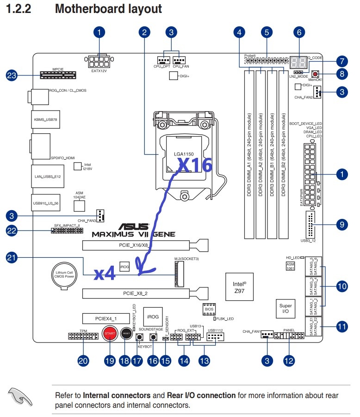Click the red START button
(110, 333)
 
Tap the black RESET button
(125, 333)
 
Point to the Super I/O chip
(286, 309)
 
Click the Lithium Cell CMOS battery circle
(63, 277)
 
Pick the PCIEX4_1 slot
(106, 318)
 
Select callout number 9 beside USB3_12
(341, 224)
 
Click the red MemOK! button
(316, 74)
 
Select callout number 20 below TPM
(83, 361)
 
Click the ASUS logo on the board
(134, 227)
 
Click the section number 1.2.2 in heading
(18, 8)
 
